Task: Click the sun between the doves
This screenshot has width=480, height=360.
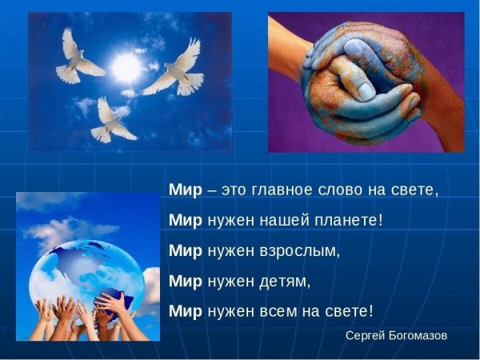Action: [x=126, y=69]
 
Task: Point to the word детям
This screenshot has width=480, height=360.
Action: [x=282, y=281]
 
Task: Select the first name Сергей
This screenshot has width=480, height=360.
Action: [x=363, y=335]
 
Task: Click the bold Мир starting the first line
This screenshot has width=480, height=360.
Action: [x=186, y=190]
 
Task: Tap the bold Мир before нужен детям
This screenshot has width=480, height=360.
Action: [x=186, y=281]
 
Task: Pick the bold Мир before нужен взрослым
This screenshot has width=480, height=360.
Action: [x=186, y=250]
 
